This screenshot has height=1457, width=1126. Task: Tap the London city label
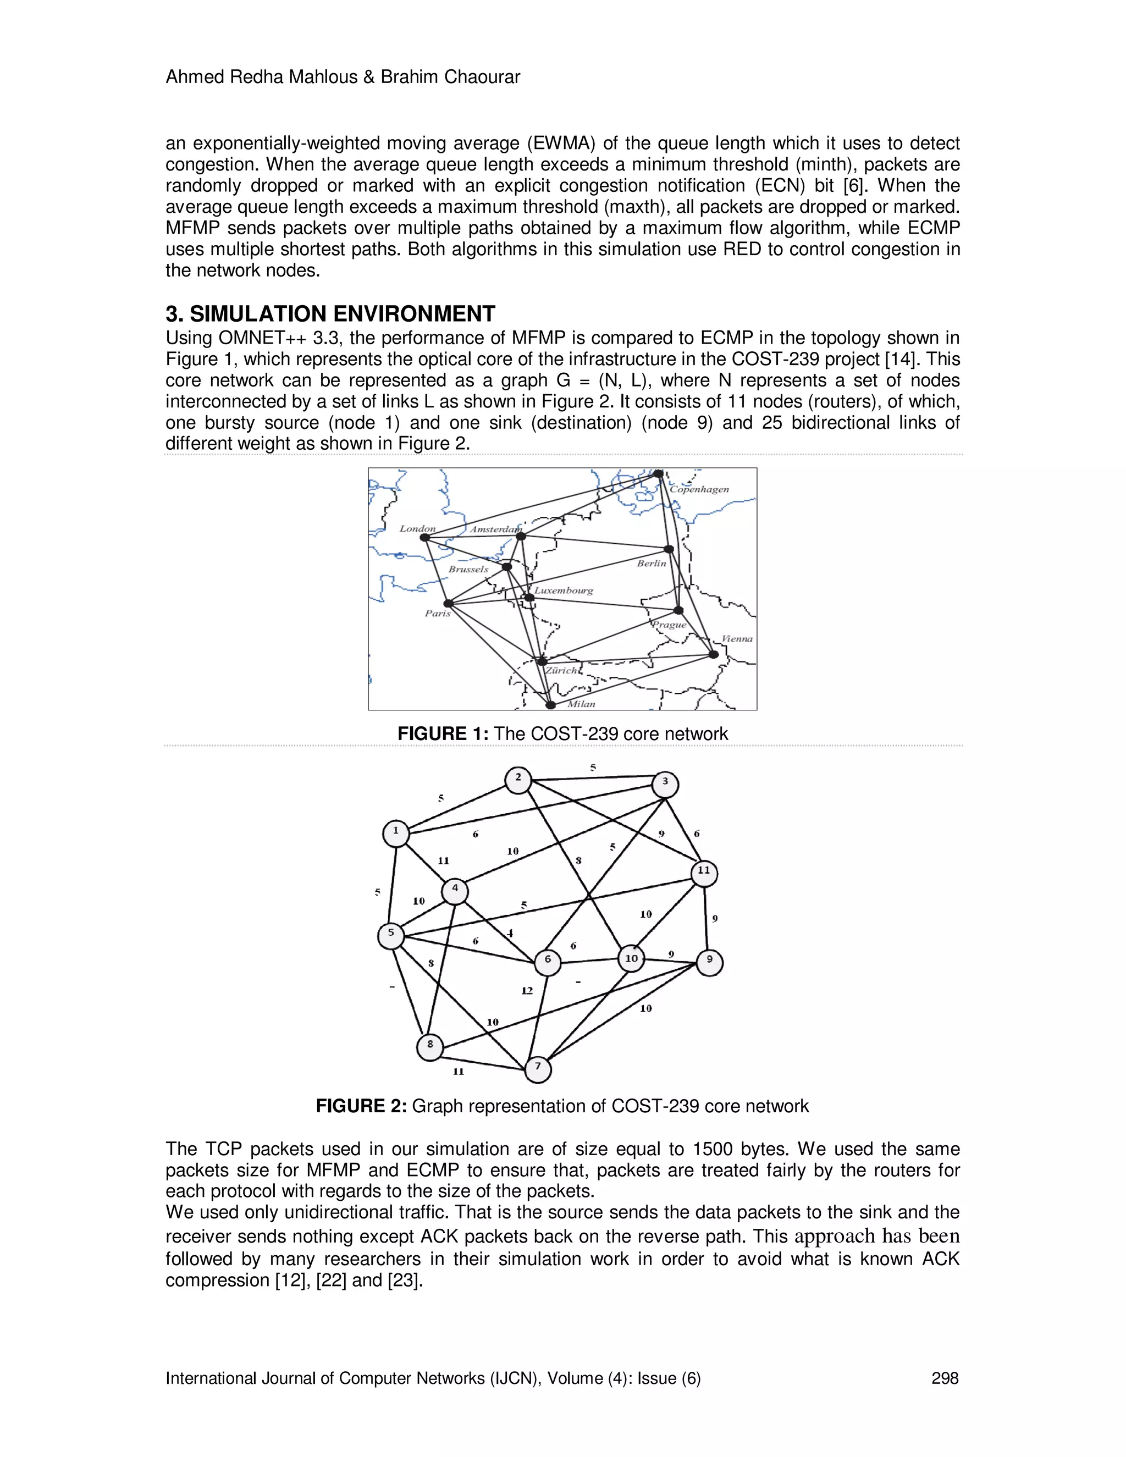(x=418, y=528)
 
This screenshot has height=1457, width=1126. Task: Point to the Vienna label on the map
(x=737, y=638)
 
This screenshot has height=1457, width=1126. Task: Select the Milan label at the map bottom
(x=581, y=704)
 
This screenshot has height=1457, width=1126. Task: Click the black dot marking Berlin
(x=669, y=549)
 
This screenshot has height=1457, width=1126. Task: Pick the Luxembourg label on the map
(x=563, y=590)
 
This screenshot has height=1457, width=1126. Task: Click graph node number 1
(x=396, y=832)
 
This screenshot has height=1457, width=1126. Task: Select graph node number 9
(x=709, y=961)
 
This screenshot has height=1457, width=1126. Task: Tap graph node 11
(x=704, y=872)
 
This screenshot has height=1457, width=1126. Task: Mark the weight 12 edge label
(x=527, y=991)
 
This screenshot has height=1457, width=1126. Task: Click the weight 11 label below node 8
(x=459, y=1072)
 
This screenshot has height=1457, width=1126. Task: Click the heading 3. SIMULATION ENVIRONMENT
(x=330, y=313)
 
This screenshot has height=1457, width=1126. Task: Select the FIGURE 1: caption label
(x=443, y=734)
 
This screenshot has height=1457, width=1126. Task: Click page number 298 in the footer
(x=945, y=1378)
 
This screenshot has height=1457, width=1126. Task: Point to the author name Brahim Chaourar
(x=450, y=78)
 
